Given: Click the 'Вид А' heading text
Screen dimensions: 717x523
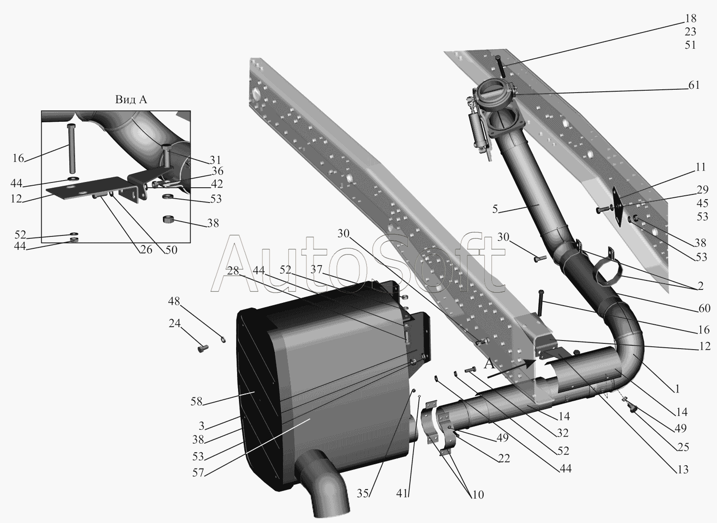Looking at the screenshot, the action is pyautogui.click(x=131, y=99).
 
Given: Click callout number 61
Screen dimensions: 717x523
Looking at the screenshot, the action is pyautogui.click(x=694, y=85).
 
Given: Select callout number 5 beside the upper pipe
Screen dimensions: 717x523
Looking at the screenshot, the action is pyautogui.click(x=495, y=209).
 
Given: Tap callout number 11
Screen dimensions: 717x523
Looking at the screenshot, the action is pyautogui.click(x=701, y=167).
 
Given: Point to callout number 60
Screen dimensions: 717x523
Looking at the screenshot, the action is pyautogui.click(x=705, y=308).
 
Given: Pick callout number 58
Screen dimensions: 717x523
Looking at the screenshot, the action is pyautogui.click(x=196, y=402).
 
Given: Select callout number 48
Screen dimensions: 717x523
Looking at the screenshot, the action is pyautogui.click(x=174, y=301).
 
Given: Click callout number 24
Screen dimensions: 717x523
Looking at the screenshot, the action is pyautogui.click(x=174, y=323).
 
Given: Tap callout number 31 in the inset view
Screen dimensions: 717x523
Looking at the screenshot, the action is pyautogui.click(x=216, y=160).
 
